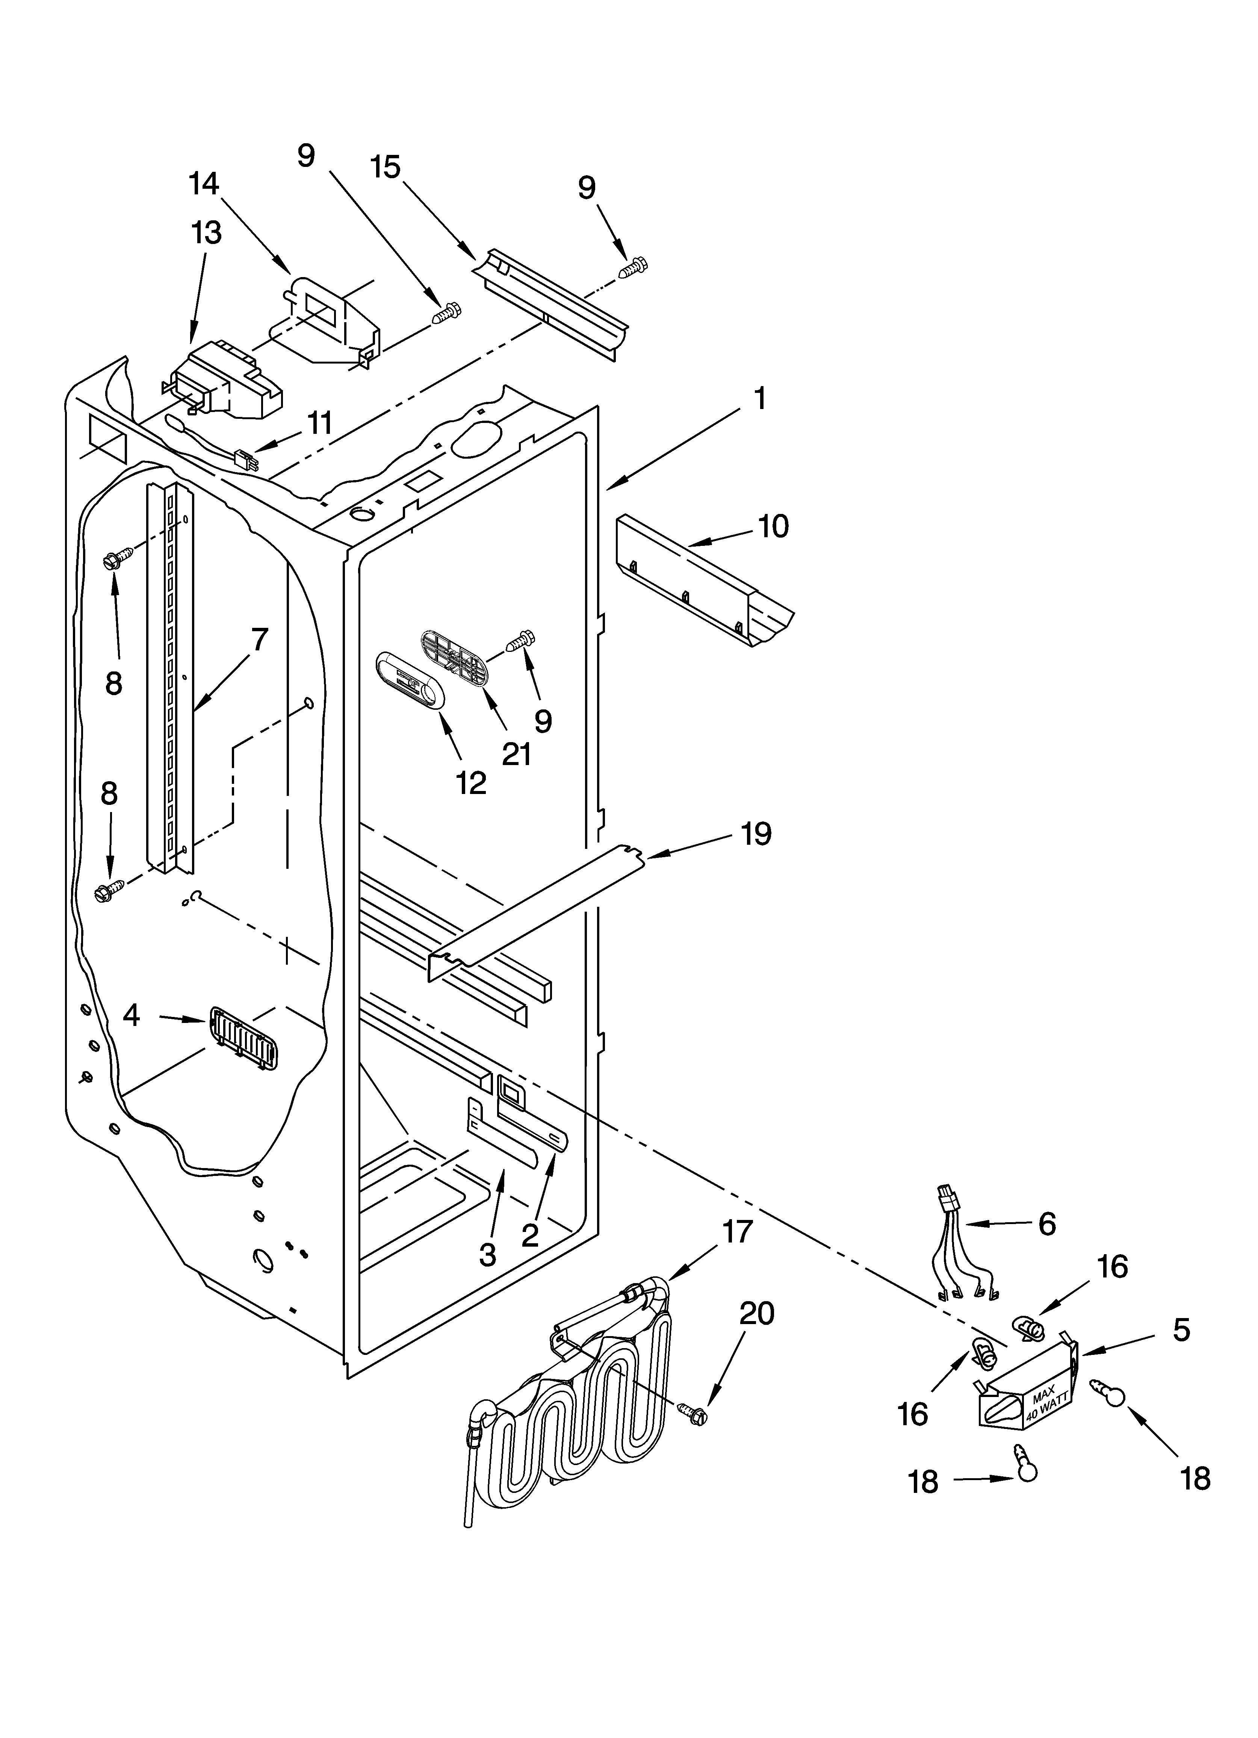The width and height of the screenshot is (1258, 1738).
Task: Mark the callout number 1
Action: coord(759,399)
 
